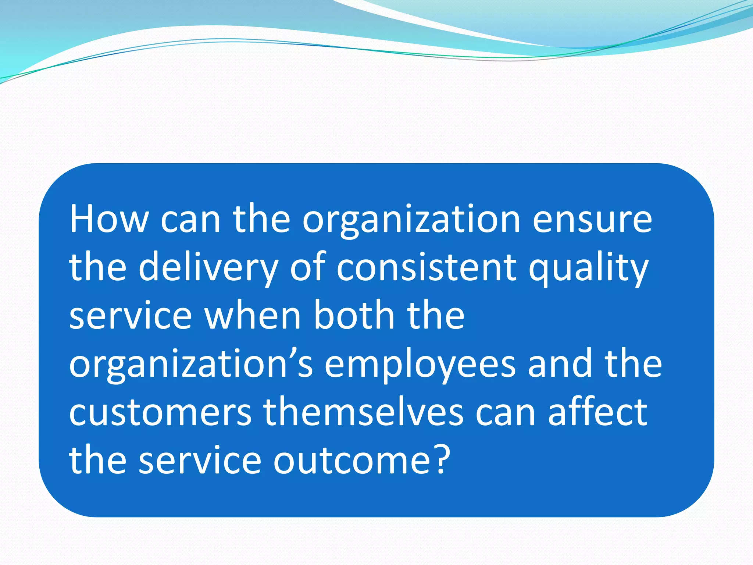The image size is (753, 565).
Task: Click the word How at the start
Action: click(109, 219)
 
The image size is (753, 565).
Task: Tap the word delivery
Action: click(208, 268)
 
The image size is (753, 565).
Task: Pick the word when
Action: click(253, 316)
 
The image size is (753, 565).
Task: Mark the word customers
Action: click(160, 413)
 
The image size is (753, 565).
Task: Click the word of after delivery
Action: click(308, 267)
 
